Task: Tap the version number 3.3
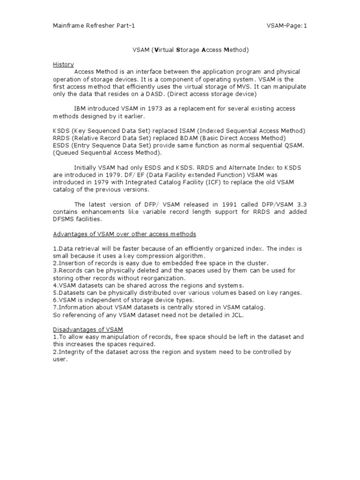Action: pyautogui.click(x=301, y=204)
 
